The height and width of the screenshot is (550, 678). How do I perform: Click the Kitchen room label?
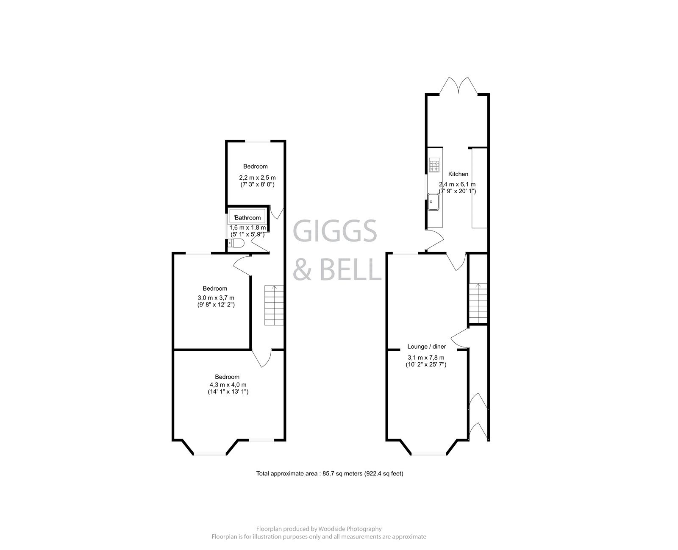[458, 174]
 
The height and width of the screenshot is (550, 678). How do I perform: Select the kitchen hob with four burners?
[434, 166]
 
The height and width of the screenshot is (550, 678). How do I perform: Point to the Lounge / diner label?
[427, 347]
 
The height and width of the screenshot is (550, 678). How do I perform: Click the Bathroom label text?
[248, 218]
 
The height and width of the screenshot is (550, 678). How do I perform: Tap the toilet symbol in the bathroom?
[236, 243]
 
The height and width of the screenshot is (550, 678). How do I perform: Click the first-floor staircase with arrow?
[274, 306]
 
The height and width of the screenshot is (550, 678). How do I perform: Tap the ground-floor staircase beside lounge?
[478, 303]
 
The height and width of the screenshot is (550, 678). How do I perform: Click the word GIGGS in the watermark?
[335, 232]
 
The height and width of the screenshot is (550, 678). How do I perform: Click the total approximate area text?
[330, 474]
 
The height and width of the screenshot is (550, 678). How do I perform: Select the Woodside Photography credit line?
[319, 529]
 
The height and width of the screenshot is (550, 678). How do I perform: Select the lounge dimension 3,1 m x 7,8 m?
[426, 358]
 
